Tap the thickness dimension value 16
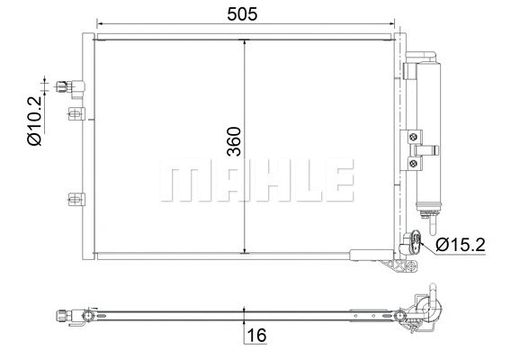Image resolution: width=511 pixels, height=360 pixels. coord(256,336)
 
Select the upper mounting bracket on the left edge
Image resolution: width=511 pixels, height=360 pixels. coord(76,114)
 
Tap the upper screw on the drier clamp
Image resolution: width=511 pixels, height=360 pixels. coord(413,138)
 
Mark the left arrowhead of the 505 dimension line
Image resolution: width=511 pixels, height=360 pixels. coord(99,24)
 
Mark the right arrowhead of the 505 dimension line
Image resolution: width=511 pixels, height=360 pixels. coord(394,24)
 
